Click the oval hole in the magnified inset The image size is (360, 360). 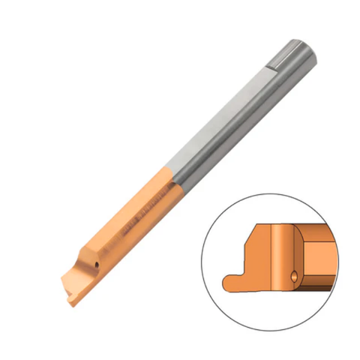[294, 275]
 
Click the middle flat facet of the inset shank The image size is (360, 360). [319, 259]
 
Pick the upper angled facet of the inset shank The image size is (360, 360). [319, 228]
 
